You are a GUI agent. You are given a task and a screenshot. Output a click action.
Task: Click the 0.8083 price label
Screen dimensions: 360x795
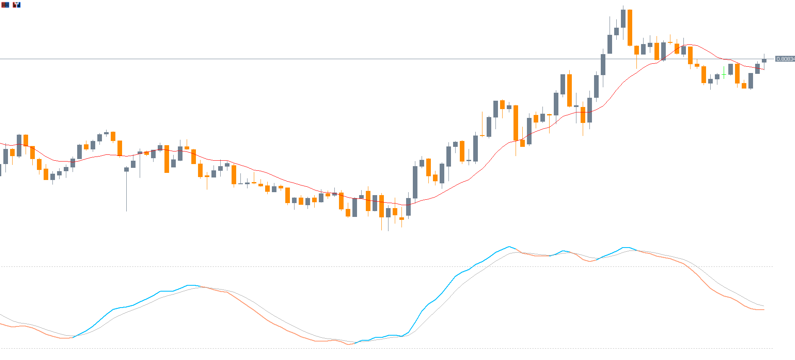click(x=785, y=59)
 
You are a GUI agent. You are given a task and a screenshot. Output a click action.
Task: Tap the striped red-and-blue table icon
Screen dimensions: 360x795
click(x=5, y=5)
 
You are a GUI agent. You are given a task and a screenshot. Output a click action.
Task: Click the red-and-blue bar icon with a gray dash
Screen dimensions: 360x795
click(x=16, y=5)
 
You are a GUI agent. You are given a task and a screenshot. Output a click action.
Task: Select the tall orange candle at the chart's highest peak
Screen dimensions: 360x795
click(x=630, y=27)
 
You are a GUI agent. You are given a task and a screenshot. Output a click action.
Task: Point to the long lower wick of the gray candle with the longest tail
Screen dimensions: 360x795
click(x=126, y=193)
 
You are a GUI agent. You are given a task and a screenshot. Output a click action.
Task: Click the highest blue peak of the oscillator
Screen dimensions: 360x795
click(x=509, y=247)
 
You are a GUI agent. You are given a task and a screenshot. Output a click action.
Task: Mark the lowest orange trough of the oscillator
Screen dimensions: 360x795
click(x=349, y=344)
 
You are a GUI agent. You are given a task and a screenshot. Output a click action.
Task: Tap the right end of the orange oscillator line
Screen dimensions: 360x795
click(x=764, y=310)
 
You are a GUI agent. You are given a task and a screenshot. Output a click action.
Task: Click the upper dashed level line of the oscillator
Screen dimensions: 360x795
click(x=378, y=266)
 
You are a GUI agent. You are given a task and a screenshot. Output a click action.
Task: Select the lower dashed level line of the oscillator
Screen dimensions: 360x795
click(x=378, y=348)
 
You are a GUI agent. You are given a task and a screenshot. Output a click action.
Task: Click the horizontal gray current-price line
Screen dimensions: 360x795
click(x=294, y=59)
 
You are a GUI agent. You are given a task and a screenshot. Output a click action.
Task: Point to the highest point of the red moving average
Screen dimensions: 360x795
click(x=688, y=44)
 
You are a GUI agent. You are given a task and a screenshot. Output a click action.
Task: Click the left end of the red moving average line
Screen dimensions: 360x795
click(x=1, y=143)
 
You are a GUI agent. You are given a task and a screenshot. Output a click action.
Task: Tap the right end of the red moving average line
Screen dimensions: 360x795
click(x=764, y=70)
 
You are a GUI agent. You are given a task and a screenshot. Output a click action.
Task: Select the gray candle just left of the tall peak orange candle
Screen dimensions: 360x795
click(x=623, y=18)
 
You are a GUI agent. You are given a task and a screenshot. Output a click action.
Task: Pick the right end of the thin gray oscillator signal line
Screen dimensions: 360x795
click(x=764, y=306)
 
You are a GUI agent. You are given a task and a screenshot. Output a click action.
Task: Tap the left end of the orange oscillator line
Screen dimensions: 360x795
click(x=1, y=324)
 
